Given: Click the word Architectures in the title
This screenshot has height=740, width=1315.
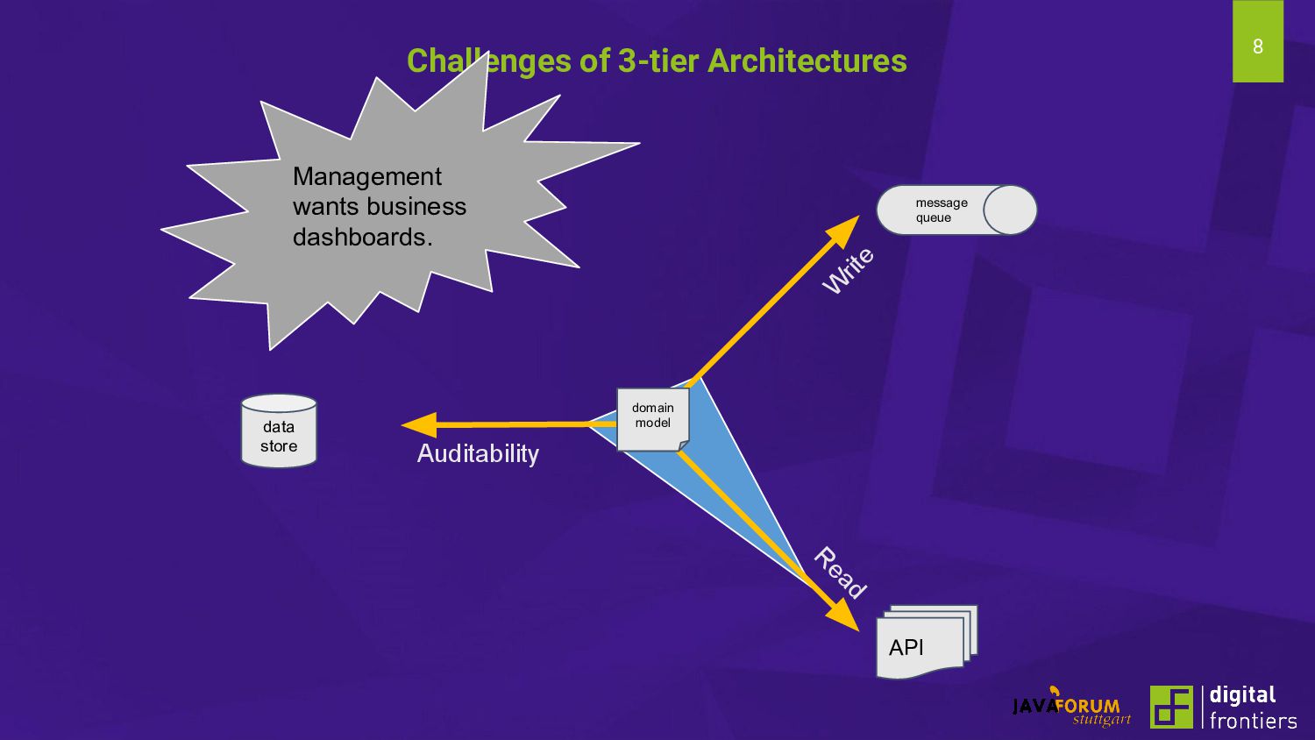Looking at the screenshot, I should [x=807, y=60].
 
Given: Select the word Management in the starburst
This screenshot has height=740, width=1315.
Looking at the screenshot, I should [x=366, y=176].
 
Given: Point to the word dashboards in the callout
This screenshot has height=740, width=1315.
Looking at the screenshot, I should [x=359, y=237].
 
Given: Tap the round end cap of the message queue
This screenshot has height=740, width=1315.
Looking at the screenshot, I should [x=1010, y=210].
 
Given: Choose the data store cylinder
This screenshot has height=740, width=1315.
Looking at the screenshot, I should [x=279, y=431].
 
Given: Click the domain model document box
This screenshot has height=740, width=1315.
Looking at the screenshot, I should [x=652, y=419].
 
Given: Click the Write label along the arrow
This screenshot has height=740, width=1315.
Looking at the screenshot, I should [x=848, y=270].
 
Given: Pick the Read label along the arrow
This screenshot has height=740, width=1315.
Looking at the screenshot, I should [x=840, y=572].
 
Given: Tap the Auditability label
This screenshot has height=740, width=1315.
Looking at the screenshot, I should [x=478, y=453].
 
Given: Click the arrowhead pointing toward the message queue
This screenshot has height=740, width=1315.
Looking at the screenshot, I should [x=845, y=230].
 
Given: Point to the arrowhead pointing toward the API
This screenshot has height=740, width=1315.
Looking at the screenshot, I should [x=844, y=615].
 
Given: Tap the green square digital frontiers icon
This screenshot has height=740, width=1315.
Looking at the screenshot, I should [x=1171, y=707].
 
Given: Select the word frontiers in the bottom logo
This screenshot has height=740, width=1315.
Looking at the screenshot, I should [x=1253, y=721].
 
